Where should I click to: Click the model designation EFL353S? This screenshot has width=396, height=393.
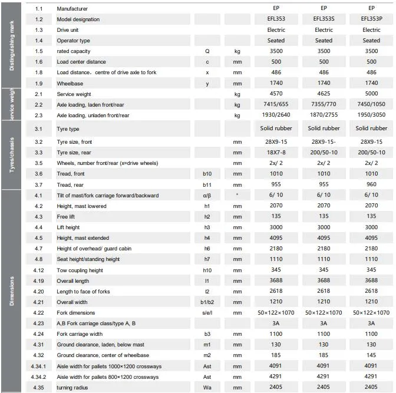(x=324, y=19)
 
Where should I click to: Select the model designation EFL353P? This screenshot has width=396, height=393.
(x=371, y=19)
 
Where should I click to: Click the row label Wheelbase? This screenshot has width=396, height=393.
(x=70, y=84)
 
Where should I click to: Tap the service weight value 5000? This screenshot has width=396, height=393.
(x=371, y=94)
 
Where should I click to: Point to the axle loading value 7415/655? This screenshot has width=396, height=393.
(x=276, y=105)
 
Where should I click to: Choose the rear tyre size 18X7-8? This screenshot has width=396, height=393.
(x=276, y=152)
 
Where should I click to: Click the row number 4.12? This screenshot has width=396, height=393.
(x=39, y=270)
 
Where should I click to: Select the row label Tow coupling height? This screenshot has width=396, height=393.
(x=80, y=270)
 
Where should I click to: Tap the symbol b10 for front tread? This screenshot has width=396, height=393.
(x=207, y=174)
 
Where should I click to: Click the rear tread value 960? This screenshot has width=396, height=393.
(x=371, y=184)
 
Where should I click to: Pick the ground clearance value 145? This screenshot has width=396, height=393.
(x=371, y=355)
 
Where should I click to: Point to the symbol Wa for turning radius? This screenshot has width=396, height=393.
(x=207, y=388)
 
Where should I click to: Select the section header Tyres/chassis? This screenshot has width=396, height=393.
(x=12, y=154)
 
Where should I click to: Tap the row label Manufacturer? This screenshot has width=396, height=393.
(x=72, y=9)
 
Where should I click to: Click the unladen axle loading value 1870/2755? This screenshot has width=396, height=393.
(x=324, y=115)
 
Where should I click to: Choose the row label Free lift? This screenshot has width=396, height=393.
(x=66, y=216)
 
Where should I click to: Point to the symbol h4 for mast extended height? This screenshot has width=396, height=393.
(x=207, y=238)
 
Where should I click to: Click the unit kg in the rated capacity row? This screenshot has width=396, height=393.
(x=237, y=51)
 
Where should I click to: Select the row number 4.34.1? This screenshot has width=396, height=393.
(x=39, y=366)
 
